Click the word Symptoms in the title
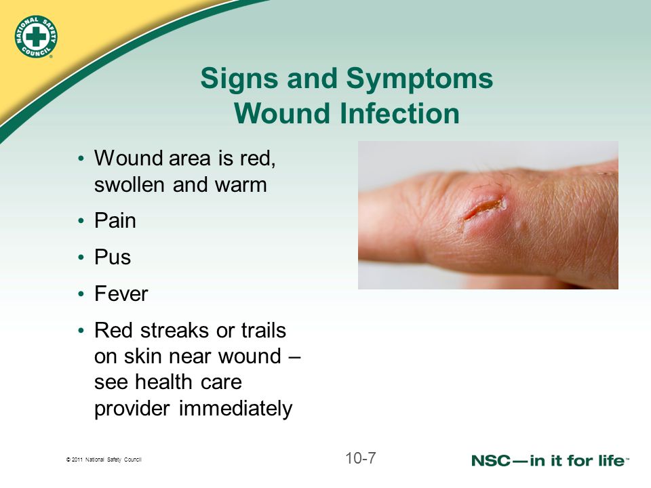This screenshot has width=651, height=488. click(420, 79)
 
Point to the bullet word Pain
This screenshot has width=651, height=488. click(115, 221)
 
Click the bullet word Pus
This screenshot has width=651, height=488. click(113, 258)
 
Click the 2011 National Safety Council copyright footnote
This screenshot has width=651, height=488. click(103, 460)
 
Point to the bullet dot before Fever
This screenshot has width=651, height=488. click(81, 295)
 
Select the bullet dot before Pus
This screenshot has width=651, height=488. click(81, 258)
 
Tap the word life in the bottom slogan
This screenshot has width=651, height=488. click(608, 460)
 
